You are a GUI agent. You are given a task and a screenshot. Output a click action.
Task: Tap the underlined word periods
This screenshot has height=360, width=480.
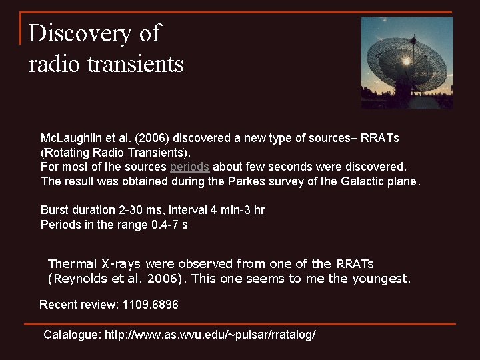(189, 166)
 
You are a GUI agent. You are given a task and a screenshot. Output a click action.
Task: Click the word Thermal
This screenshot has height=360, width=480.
(72, 264)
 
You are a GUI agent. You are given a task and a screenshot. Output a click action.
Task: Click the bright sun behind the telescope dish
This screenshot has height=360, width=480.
(405, 61)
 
